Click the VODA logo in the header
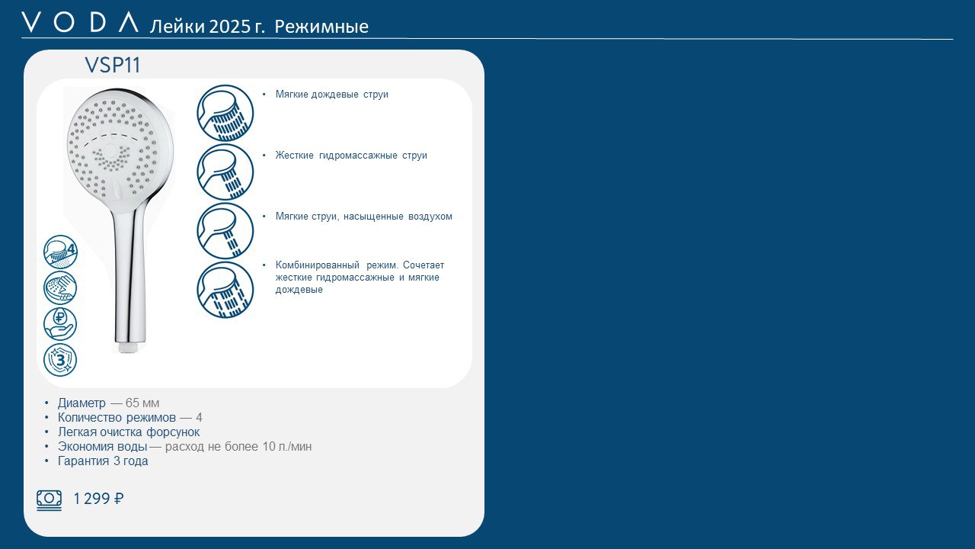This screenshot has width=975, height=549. click(80, 22)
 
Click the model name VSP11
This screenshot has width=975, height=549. click(113, 66)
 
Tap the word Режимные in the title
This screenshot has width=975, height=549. click(321, 27)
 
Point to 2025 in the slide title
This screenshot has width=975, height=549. click(230, 27)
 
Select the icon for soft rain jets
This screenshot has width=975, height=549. click(225, 113)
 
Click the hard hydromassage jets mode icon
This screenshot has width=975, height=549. click(225, 172)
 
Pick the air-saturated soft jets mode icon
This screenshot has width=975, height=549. click(225, 231)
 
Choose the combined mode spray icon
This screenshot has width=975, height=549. click(225, 290)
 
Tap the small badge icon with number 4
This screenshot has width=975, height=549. click(60, 252)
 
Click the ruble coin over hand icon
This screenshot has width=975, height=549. click(60, 324)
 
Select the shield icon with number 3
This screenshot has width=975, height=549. click(60, 360)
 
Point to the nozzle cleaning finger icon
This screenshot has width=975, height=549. click(60, 287)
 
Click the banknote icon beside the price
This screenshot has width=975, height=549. click(50, 500)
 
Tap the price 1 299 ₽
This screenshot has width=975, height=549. click(98, 499)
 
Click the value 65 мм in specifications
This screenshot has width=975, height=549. click(142, 403)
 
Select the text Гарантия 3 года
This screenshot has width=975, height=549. click(103, 461)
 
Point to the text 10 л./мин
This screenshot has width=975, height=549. click(287, 447)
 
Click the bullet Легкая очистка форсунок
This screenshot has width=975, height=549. click(129, 432)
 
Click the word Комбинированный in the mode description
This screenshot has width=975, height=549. click(318, 265)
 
